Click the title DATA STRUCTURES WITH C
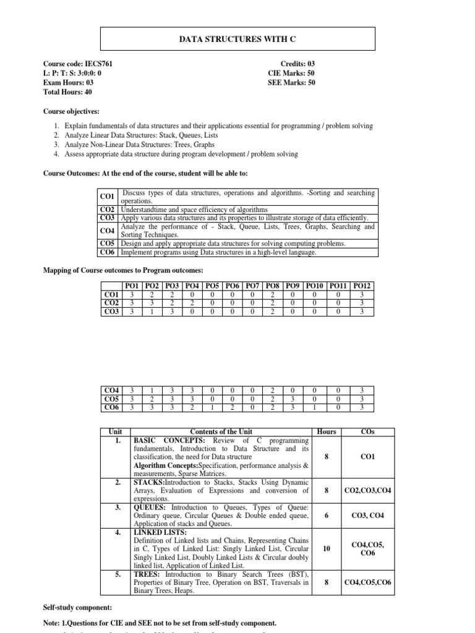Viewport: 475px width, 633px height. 237,39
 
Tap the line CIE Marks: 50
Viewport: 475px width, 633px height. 291,73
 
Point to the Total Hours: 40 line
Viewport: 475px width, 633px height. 67,91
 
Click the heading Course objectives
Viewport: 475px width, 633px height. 71,112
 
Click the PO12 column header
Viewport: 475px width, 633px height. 362,285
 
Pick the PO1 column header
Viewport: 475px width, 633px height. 132,285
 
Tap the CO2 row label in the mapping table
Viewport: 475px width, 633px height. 112,303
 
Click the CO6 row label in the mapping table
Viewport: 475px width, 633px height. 112,407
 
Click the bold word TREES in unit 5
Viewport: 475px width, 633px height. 146,574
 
